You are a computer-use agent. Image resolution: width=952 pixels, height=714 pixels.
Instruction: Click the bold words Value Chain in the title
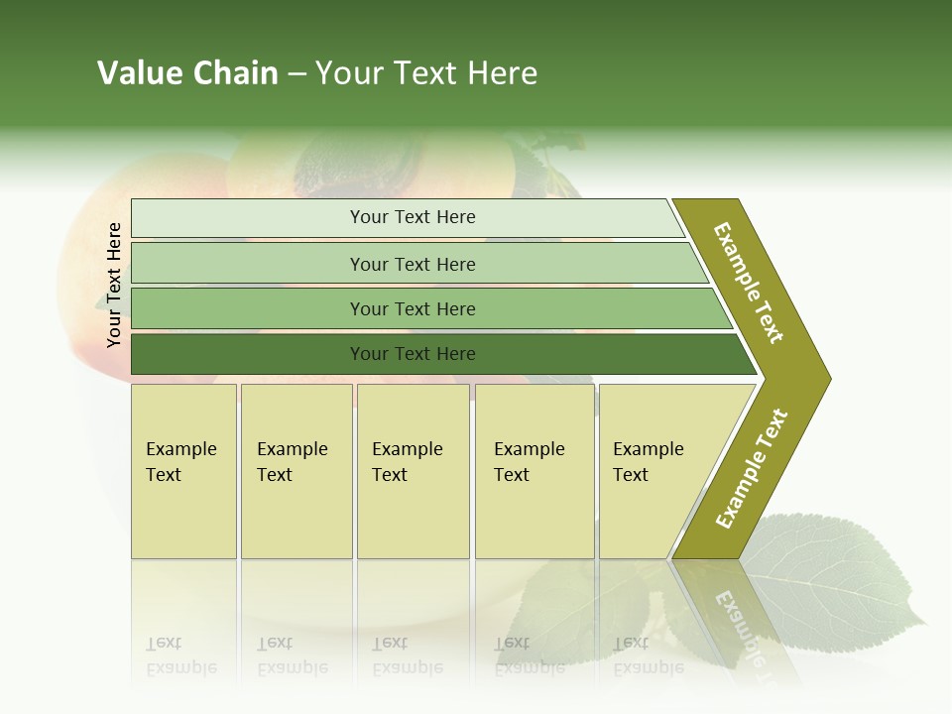[187, 73]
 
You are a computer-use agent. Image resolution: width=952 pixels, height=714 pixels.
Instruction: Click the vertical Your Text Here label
[114, 285]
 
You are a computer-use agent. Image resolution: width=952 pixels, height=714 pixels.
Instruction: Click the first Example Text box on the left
[183, 471]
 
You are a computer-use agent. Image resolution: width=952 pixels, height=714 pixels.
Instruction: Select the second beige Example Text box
[297, 471]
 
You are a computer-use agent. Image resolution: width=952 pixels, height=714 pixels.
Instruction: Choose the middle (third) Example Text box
[413, 471]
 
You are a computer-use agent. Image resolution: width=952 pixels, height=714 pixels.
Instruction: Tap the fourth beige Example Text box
[535, 471]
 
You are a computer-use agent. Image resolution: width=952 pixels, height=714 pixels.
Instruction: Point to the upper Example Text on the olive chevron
[749, 283]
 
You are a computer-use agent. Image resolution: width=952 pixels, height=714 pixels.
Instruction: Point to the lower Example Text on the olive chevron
[752, 469]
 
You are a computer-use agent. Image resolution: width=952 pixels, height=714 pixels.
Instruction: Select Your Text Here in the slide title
[426, 73]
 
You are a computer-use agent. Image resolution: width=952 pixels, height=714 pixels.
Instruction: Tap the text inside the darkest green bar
[413, 354]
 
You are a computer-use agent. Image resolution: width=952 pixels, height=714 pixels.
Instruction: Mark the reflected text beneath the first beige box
[180, 655]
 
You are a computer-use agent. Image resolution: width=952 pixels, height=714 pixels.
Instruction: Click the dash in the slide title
[297, 74]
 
